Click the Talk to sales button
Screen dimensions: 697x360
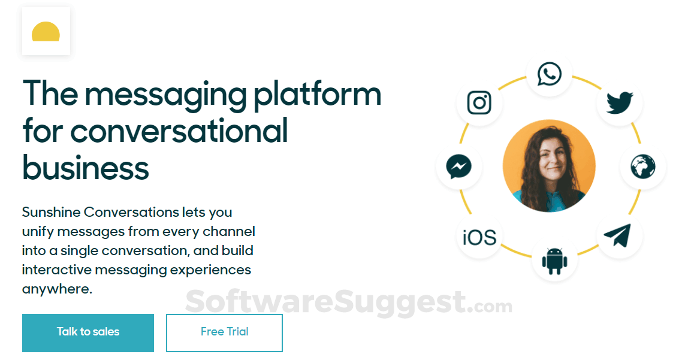coord(88,333)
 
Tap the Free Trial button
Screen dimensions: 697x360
coord(225,333)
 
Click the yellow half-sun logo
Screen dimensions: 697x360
coord(46,32)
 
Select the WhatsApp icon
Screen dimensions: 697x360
coord(550,74)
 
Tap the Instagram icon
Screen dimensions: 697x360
coord(479,102)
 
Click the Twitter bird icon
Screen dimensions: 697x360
coord(620,102)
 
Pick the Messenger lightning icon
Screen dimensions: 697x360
coord(458,167)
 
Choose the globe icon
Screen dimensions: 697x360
coord(643,166)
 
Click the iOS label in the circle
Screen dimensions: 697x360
coord(479,237)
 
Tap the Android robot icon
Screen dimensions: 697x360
coord(555,261)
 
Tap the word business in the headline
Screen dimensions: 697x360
coord(86,167)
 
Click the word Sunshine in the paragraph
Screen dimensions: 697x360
coord(51,212)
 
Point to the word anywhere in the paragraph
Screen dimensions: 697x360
coord(57,289)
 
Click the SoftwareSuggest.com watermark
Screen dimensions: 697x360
coord(349,303)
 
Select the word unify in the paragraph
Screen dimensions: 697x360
coord(38,232)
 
